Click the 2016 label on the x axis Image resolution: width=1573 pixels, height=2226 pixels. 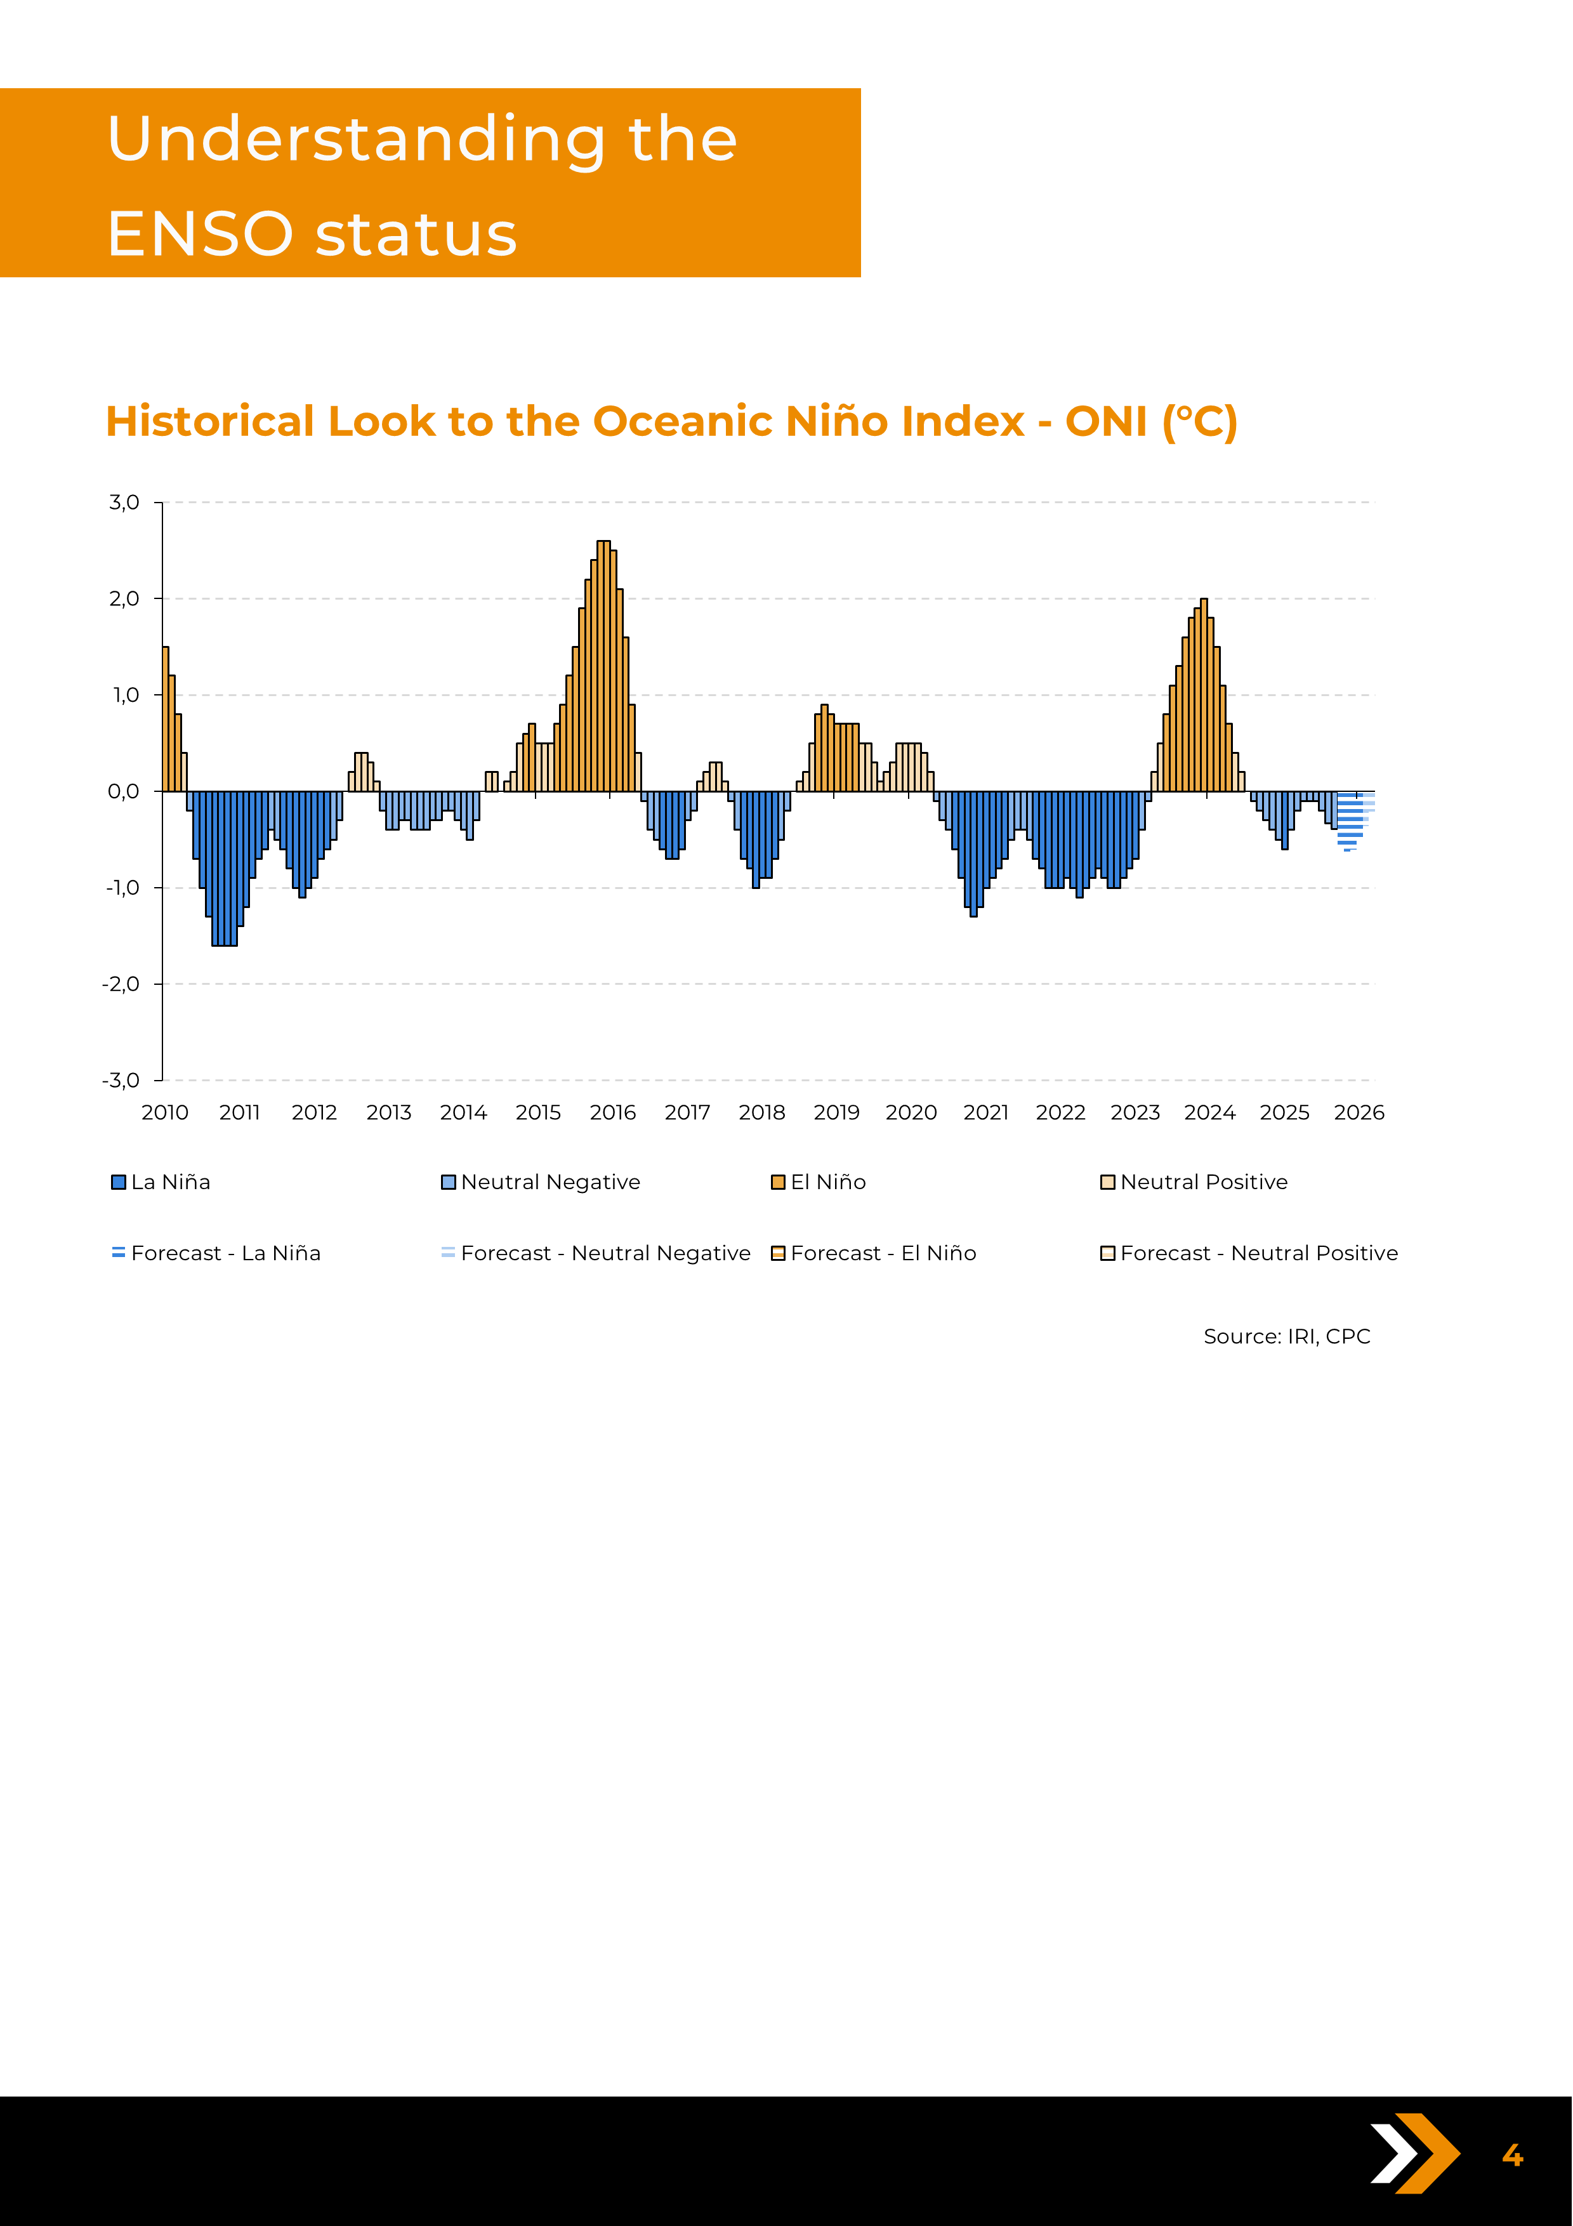(x=612, y=1112)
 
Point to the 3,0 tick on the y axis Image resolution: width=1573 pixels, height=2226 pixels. (x=124, y=502)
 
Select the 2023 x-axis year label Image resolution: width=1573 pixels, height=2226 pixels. (x=1135, y=1112)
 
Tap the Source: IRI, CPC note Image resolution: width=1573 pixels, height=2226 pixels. (x=1286, y=1336)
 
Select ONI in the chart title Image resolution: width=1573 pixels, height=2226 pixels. (x=1106, y=422)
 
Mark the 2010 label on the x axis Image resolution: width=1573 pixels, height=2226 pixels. (x=165, y=1112)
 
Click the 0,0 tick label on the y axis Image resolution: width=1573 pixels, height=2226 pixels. (x=123, y=791)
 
